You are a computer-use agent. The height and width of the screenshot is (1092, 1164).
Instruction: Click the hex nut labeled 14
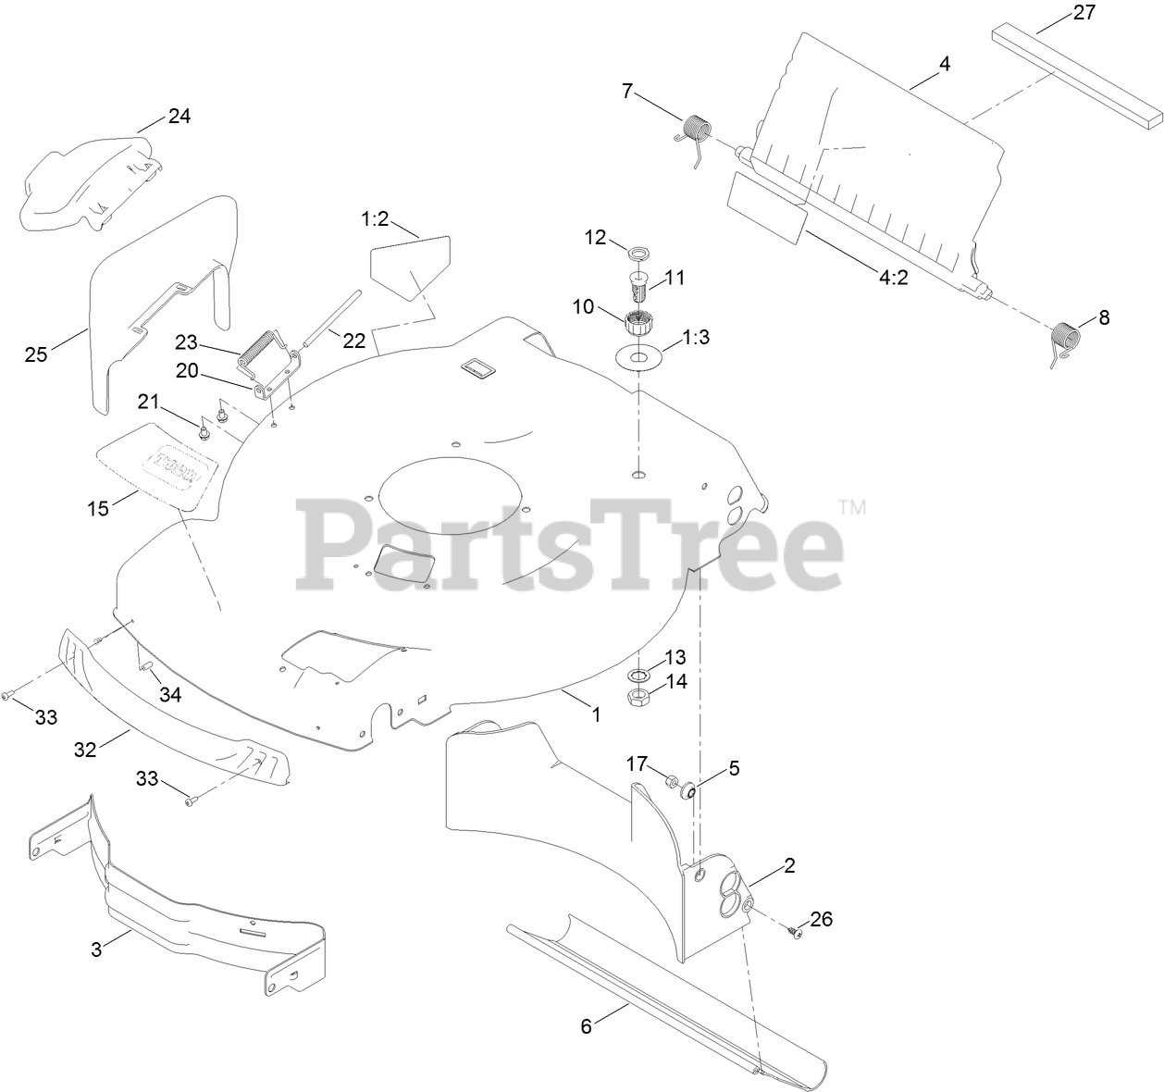[x=639, y=698]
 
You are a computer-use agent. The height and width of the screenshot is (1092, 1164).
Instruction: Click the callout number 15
[x=98, y=507]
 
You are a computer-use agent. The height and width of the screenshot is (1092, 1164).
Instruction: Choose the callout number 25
[x=35, y=354]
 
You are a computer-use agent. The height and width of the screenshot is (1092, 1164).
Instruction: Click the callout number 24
[x=179, y=117]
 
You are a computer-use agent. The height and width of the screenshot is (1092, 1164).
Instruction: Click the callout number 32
[x=85, y=749]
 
